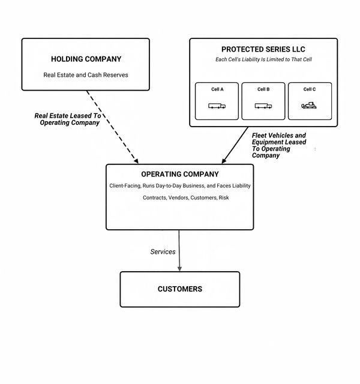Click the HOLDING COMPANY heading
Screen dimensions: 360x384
(x=86, y=59)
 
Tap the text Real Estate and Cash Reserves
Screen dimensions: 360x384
(x=86, y=75)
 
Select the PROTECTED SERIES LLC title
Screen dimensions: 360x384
(x=263, y=49)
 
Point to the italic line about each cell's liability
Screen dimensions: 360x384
(x=263, y=59)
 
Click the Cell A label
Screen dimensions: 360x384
(x=217, y=89)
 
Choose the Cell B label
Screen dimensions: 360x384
(x=263, y=89)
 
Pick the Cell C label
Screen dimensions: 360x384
(x=310, y=89)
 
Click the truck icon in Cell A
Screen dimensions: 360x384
(x=217, y=106)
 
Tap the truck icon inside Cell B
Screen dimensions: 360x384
(x=263, y=106)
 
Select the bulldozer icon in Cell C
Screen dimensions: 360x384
(x=309, y=106)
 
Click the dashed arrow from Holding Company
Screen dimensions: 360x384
(x=112, y=127)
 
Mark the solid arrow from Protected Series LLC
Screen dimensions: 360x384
(x=235, y=145)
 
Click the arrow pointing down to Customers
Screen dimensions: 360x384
(x=179, y=251)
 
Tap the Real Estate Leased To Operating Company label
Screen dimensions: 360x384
(x=68, y=119)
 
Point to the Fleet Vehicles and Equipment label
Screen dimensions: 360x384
(x=279, y=145)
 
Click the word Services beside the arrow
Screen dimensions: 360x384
(x=163, y=252)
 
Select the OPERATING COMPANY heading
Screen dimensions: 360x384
(x=180, y=174)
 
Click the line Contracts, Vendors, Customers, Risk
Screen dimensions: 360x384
(x=185, y=197)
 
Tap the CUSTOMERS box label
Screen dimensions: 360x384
(x=180, y=289)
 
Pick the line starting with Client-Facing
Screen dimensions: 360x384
(x=180, y=186)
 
